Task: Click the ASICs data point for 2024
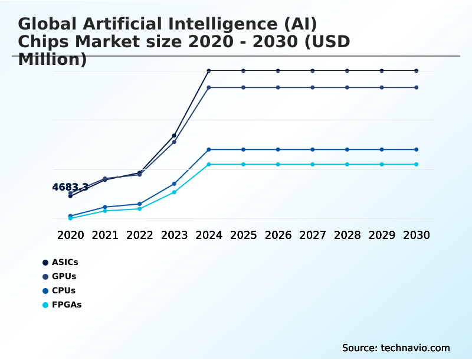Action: pos(209,71)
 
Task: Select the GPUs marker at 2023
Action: pos(174,142)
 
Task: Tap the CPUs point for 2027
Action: pos(313,149)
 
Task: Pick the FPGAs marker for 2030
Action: pos(417,164)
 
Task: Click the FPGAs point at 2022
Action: pos(140,209)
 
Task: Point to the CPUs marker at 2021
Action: pos(105,207)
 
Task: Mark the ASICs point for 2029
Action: pos(382,71)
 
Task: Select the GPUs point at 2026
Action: pos(278,87)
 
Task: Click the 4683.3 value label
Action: pos(70,187)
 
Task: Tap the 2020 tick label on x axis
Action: pos(70,235)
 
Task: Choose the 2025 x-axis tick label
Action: pos(243,235)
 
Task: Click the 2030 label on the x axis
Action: pos(417,235)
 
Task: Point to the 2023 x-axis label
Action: pos(174,235)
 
